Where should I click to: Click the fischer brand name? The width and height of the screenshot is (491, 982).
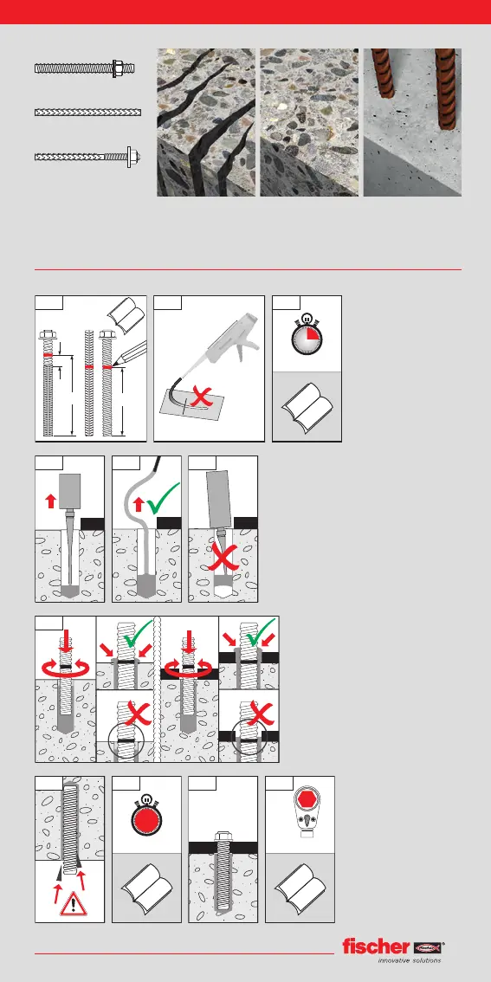point(376,946)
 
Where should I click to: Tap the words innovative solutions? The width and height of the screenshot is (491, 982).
point(409,960)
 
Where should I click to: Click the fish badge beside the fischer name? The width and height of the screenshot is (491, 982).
point(428,947)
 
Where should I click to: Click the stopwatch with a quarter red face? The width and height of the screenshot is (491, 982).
point(307,335)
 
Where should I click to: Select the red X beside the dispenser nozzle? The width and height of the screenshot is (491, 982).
point(200,397)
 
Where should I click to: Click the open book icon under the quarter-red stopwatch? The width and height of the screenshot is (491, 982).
point(307,407)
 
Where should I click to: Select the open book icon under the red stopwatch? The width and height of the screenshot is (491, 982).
point(146,889)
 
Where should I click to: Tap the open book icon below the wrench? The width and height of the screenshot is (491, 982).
point(300,889)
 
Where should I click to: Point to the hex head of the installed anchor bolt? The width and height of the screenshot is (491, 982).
point(223,835)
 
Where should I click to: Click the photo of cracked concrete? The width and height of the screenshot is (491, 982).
point(206,123)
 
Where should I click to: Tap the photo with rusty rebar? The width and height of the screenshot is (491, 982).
point(412,123)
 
